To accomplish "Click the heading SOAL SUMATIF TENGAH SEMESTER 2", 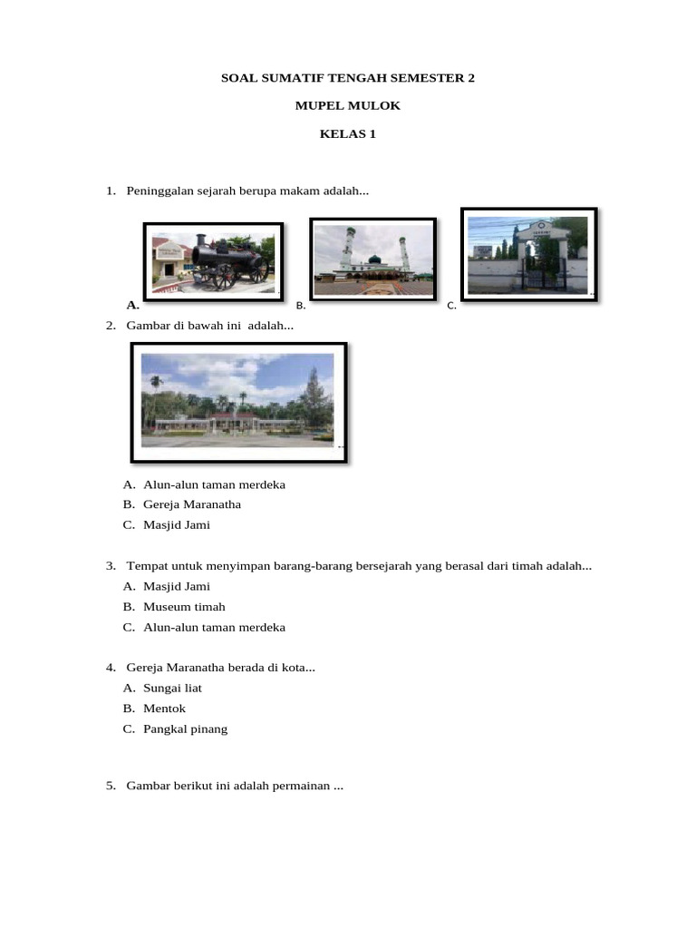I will click(x=348, y=79).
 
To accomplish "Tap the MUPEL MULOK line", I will click(x=348, y=107).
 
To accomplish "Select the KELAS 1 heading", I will click(x=348, y=135).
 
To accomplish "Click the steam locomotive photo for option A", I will click(x=214, y=259).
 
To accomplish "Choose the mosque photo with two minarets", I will click(x=372, y=259).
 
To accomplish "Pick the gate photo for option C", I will click(x=528, y=253).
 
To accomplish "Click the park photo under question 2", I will click(x=238, y=401).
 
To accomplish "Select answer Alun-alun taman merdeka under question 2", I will click(x=214, y=484).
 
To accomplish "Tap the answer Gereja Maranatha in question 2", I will click(x=192, y=504).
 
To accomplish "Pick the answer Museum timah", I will click(x=184, y=607).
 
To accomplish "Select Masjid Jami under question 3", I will click(x=177, y=586).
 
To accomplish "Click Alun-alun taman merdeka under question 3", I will click(x=214, y=627).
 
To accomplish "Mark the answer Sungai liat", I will click(x=172, y=689).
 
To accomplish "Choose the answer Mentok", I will click(x=164, y=709).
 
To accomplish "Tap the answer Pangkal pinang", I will click(x=185, y=729).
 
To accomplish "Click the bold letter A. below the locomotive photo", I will click(x=132, y=305).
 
